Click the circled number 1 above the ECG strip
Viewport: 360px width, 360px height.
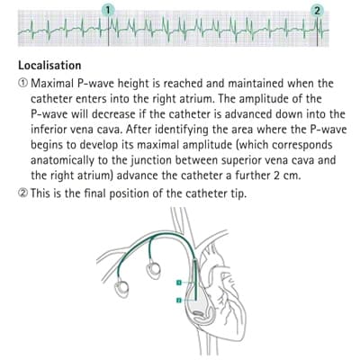(x=108, y=11)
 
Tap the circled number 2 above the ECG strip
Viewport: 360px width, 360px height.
(x=318, y=11)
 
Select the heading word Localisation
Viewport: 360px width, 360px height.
(x=49, y=66)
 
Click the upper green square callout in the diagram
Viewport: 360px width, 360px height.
(x=179, y=283)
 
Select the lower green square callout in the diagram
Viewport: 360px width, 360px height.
(x=179, y=300)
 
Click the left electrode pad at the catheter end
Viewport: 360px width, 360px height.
(x=121, y=288)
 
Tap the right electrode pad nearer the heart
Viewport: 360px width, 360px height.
(x=153, y=270)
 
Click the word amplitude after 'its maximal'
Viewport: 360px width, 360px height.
(x=207, y=145)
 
